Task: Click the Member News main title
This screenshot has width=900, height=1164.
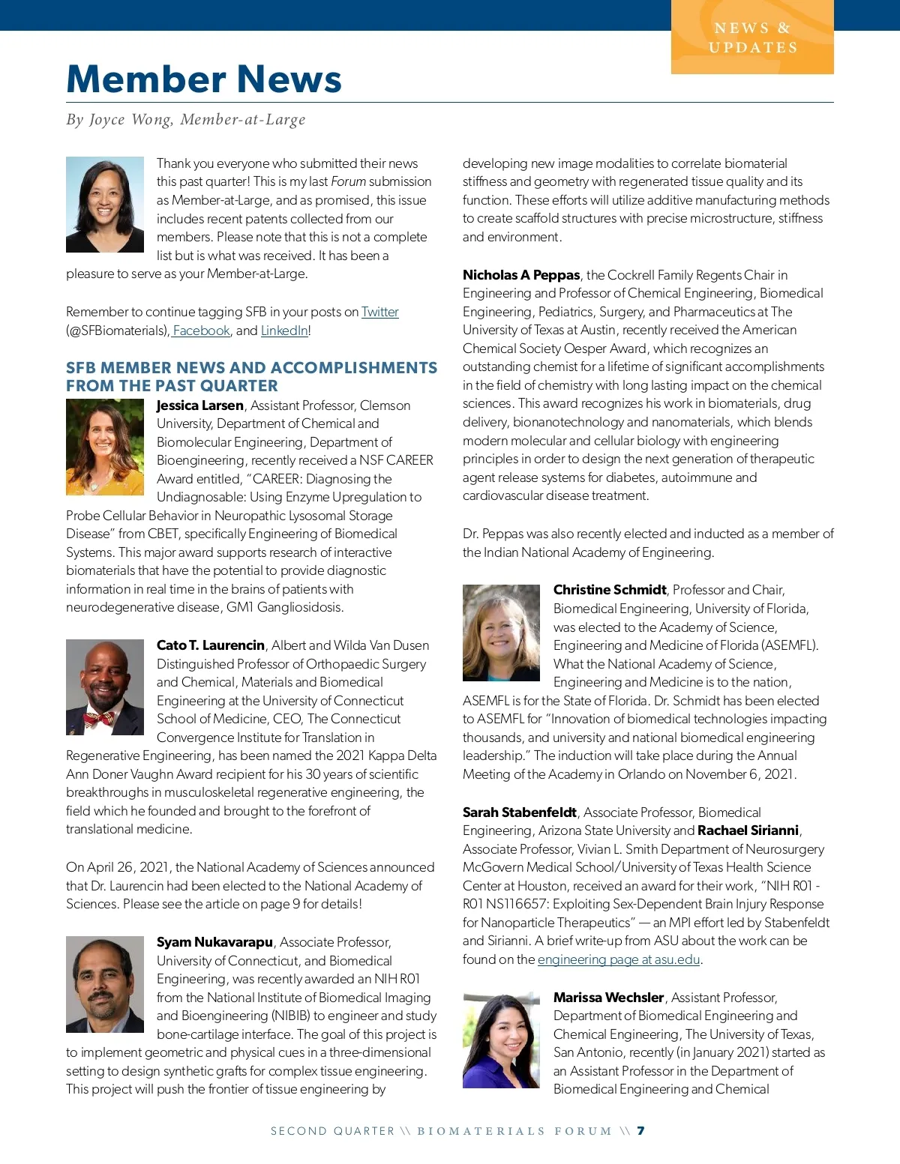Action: point(204,79)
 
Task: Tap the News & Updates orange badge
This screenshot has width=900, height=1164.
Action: point(752,37)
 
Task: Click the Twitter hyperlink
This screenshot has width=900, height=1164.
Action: point(379,312)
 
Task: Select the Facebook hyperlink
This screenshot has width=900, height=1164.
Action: point(201,331)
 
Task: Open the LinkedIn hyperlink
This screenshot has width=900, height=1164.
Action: point(284,331)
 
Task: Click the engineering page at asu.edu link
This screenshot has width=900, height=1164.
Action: point(618,959)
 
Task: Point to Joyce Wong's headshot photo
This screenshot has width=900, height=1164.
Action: point(105,204)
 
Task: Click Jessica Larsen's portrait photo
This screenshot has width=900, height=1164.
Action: point(105,447)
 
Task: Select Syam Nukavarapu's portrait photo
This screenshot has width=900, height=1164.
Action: point(105,984)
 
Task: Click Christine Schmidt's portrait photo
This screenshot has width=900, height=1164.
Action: point(501,633)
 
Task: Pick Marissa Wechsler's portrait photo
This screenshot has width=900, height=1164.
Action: point(501,1040)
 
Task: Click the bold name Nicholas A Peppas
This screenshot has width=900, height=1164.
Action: point(521,275)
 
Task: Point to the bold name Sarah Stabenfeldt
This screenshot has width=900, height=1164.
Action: point(520,812)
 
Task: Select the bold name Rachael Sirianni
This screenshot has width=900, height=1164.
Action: point(748,830)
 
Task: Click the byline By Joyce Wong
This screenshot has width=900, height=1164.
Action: point(186,120)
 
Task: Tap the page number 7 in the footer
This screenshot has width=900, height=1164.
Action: point(640,1131)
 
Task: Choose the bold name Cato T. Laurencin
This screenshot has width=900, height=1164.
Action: point(211,645)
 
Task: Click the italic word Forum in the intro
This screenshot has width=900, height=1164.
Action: point(349,181)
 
